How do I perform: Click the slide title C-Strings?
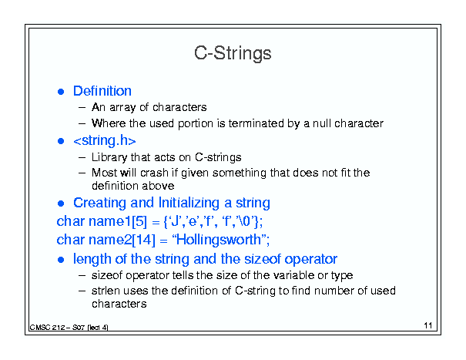pyautogui.click(x=233, y=53)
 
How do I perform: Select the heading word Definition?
pyautogui.click(x=102, y=91)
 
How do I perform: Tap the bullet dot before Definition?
pyautogui.click(x=61, y=92)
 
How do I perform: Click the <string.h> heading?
pyautogui.click(x=105, y=140)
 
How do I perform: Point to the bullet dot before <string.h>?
pyautogui.click(x=61, y=141)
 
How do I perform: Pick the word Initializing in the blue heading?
pyautogui.click(x=189, y=203)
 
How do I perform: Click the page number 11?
pyautogui.click(x=428, y=325)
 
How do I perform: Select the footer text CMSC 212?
pyautogui.click(x=47, y=328)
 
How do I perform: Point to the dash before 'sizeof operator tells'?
pyautogui.click(x=82, y=275)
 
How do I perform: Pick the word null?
pyautogui.click(x=321, y=123)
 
